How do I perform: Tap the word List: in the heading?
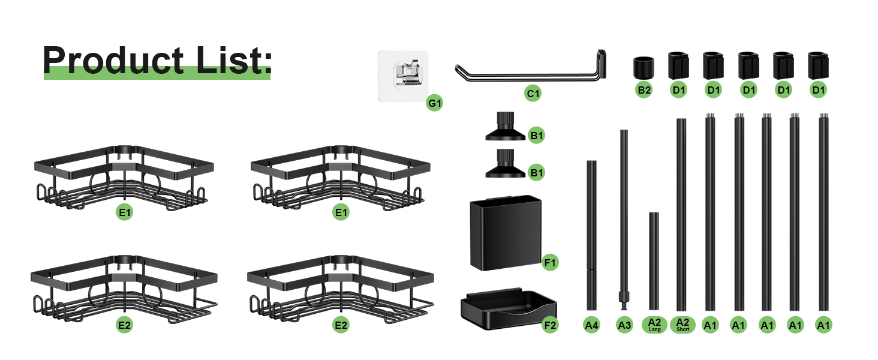pos(234,60)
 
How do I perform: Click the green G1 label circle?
pos(435,103)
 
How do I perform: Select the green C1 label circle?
pos(533,94)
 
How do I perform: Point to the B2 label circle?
pos(644,90)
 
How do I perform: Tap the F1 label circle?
pos(550,262)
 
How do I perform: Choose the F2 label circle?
pos(550,325)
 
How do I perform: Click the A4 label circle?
pos(591,325)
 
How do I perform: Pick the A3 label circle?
pos(624,325)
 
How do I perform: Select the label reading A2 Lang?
pos(654,325)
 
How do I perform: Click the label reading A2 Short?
pos(683,325)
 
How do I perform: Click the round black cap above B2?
pos(644,67)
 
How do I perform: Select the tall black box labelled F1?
pos(506,233)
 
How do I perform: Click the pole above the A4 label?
pos(591,235)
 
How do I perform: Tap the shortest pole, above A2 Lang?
pos(654,261)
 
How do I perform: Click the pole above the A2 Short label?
pos(681,215)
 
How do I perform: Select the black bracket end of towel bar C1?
pos(602,64)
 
